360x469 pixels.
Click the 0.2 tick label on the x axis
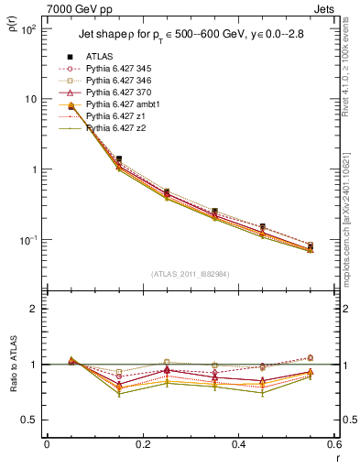pos(142,444)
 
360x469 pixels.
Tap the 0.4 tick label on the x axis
pos(238,444)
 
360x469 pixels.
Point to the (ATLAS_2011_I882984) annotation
pos(190,274)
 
